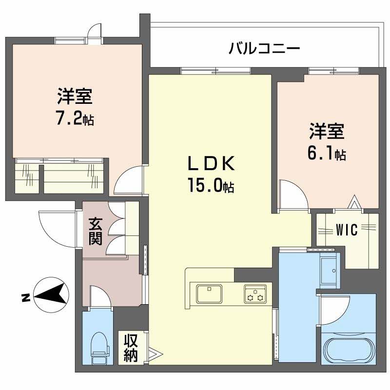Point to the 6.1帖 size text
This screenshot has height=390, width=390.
pyautogui.click(x=326, y=153)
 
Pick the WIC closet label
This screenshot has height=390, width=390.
pyautogui.click(x=347, y=230)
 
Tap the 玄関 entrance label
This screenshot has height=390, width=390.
pyautogui.click(x=95, y=232)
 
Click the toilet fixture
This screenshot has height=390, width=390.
pyautogui.click(x=99, y=346)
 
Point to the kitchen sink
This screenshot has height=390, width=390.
pyautogui.click(x=209, y=293)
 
